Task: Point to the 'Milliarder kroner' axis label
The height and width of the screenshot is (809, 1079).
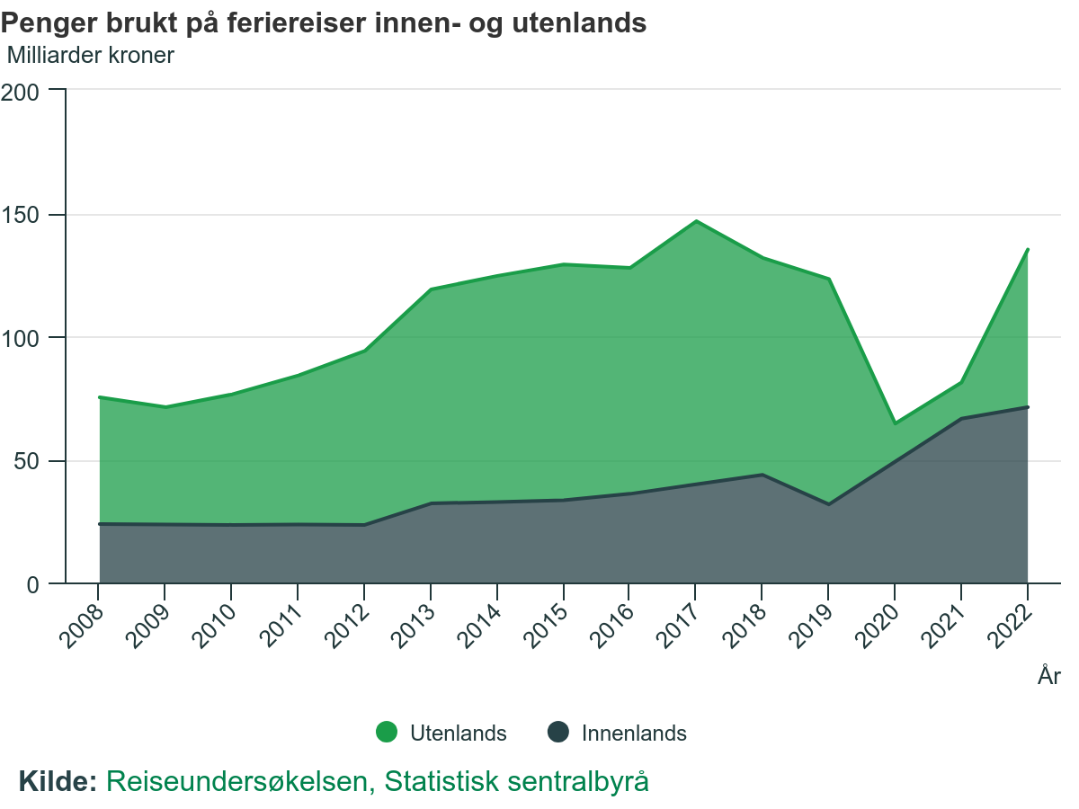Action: click(90, 55)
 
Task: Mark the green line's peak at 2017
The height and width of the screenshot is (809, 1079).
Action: click(696, 221)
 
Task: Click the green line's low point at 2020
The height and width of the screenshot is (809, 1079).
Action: click(895, 422)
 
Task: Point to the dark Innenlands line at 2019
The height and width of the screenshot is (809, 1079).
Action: click(828, 504)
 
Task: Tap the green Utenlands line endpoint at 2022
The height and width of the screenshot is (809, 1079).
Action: click(1028, 250)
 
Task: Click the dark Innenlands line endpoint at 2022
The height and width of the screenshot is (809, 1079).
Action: click(1028, 407)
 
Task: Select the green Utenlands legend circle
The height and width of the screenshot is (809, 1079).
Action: click(387, 733)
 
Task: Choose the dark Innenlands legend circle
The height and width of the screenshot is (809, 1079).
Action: click(558, 733)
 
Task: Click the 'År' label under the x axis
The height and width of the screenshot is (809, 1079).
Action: click(1048, 676)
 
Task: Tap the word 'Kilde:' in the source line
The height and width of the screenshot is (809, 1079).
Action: click(58, 781)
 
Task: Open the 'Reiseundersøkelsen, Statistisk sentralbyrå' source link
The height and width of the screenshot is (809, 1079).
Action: click(378, 781)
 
